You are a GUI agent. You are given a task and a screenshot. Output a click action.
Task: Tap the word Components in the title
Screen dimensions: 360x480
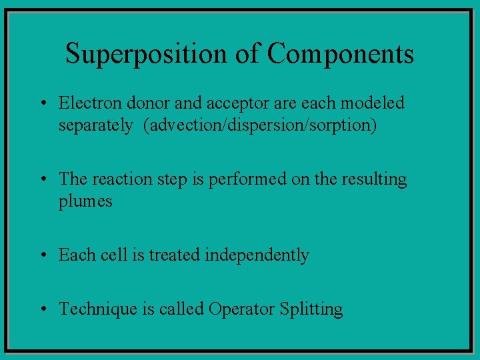341,54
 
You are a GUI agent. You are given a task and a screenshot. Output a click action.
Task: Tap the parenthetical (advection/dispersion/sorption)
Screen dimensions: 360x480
260,126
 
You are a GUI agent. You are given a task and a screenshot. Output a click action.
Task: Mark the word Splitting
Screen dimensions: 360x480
311,309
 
